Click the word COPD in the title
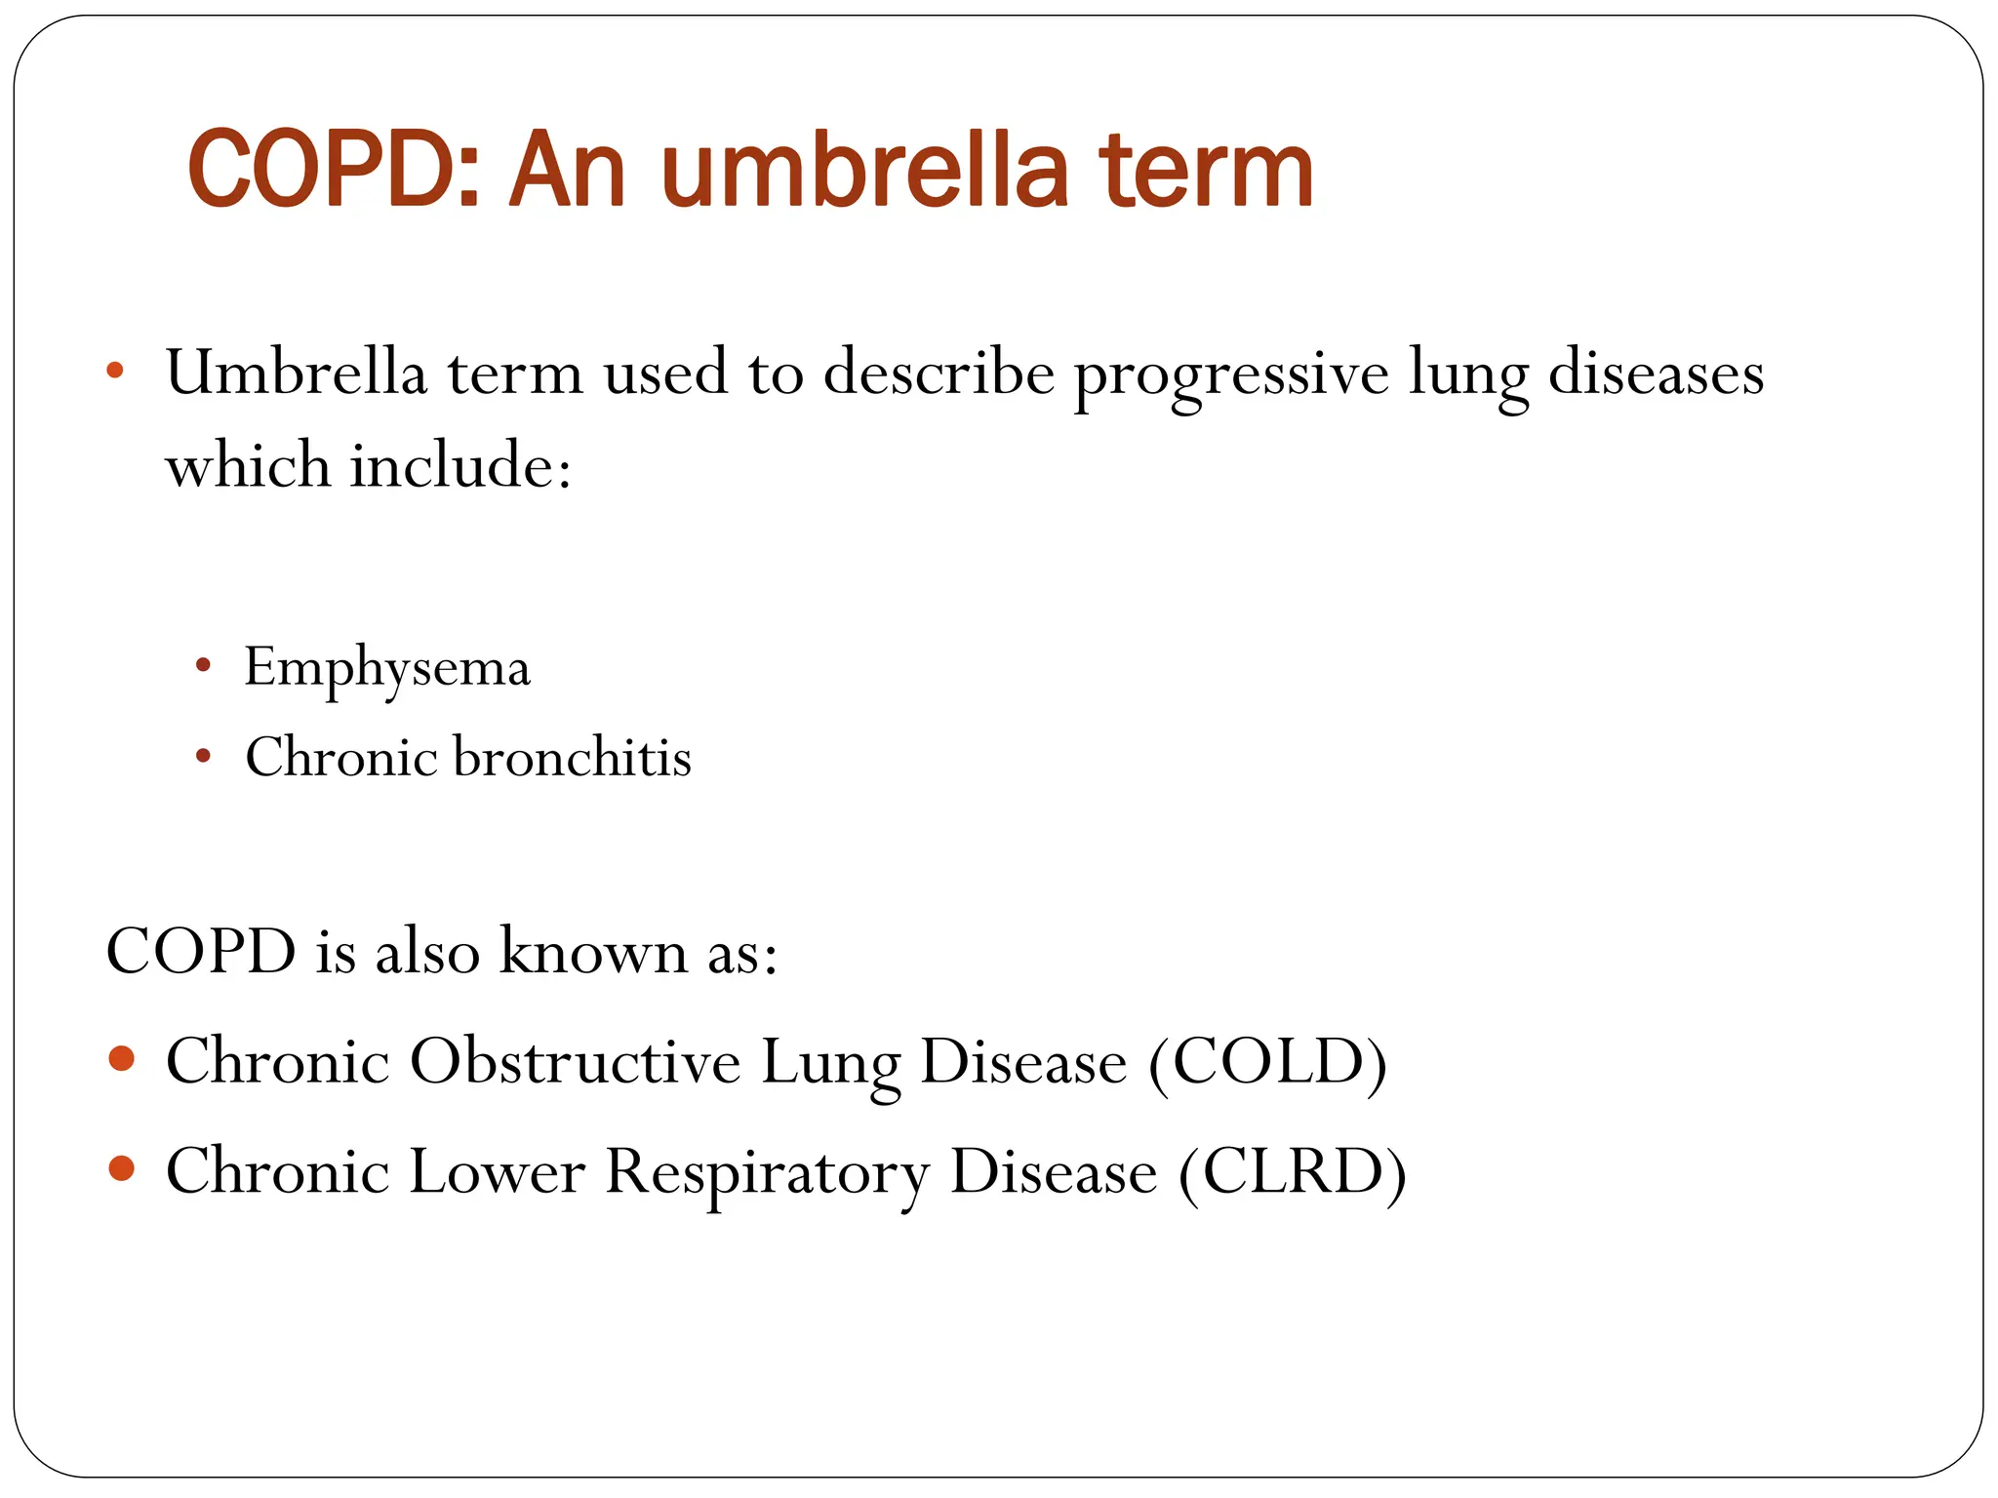click(x=332, y=171)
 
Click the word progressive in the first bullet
click(x=1231, y=375)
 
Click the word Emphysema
click(x=387, y=669)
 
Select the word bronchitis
click(x=573, y=758)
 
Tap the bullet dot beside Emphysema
click(x=203, y=667)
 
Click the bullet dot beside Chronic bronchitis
click(x=203, y=756)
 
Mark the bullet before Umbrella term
click(x=115, y=371)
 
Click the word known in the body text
click(x=593, y=951)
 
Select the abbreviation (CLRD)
click(x=1293, y=1171)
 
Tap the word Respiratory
click(x=767, y=1173)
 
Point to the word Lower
click(x=497, y=1171)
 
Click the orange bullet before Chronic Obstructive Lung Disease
click(x=122, y=1059)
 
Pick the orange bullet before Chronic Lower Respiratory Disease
click(x=122, y=1168)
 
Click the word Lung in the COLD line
click(x=830, y=1063)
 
